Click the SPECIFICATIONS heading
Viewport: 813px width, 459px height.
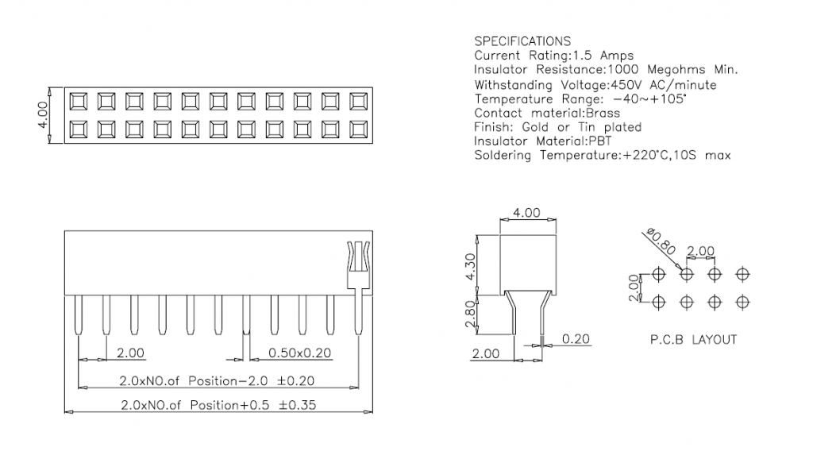click(x=522, y=41)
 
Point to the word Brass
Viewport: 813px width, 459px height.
click(x=603, y=113)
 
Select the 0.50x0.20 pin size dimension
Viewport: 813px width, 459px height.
click(x=301, y=353)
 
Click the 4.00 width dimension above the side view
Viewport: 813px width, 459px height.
click(x=526, y=213)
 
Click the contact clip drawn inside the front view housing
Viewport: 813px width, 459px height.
click(x=358, y=262)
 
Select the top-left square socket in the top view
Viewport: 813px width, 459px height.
click(x=78, y=101)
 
